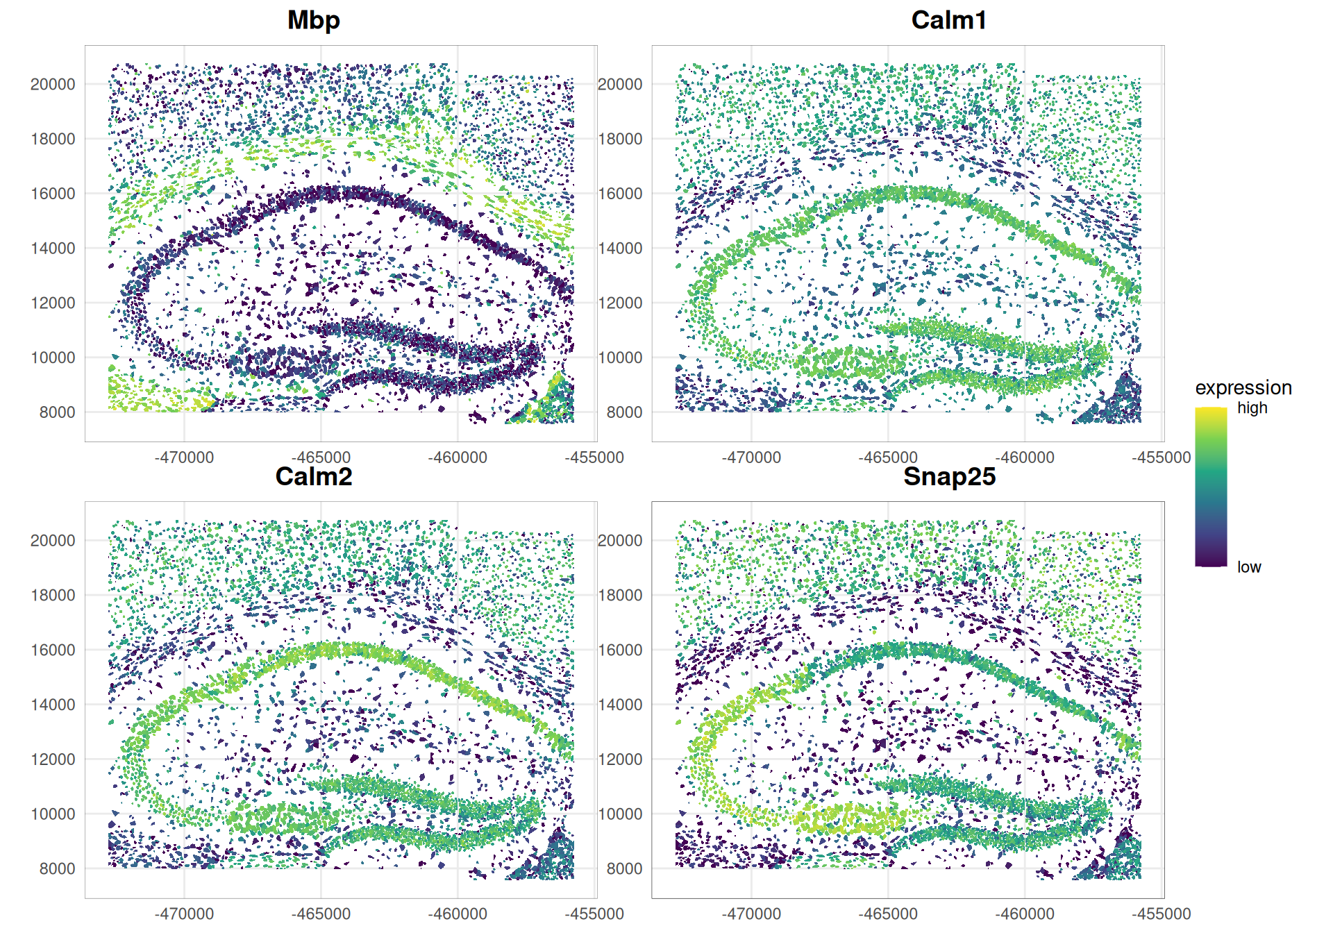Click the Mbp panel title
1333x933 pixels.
314,20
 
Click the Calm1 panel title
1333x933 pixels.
948,20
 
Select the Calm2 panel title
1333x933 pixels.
314,476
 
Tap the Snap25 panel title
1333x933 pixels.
949,476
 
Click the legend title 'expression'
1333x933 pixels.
1243,387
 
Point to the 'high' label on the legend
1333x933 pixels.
1252,408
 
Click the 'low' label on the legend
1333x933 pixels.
1248,567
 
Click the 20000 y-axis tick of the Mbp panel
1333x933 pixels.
53,84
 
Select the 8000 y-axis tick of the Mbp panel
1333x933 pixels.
57,412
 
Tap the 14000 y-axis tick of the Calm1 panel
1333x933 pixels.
620,249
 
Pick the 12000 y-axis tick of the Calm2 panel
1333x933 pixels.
53,759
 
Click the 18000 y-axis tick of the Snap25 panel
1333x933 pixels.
620,595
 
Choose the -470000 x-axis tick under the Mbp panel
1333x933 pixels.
184,457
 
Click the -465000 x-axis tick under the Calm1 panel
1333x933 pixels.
887,457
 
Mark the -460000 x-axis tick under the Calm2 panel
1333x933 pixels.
457,914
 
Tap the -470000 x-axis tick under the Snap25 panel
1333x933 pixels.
751,914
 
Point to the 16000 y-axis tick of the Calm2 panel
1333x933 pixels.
53,650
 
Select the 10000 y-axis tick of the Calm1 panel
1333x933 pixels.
620,358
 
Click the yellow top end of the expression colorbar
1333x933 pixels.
1211,412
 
